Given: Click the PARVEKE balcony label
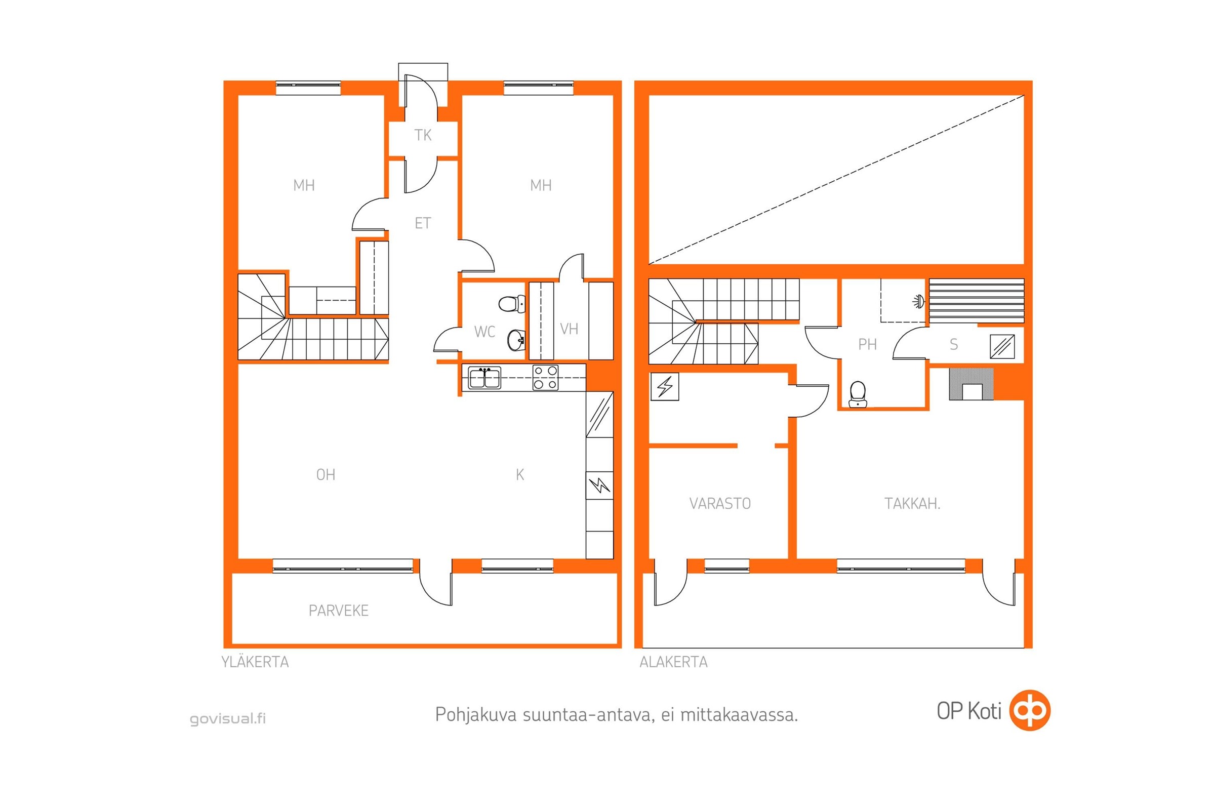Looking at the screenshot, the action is click(338, 611).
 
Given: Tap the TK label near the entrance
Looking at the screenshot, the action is click(423, 135).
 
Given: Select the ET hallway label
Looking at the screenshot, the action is click(423, 223).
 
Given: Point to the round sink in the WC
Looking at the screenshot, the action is click(516, 340).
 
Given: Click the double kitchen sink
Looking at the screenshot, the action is click(484, 378).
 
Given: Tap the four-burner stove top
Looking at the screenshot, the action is click(546, 378).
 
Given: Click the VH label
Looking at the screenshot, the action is click(569, 329).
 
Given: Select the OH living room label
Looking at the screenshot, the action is click(326, 475).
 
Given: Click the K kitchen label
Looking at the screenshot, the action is click(520, 475).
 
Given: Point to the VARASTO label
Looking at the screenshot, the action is click(719, 504).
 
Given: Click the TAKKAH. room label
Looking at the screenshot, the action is click(912, 504).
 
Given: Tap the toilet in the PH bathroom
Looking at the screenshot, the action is click(858, 394).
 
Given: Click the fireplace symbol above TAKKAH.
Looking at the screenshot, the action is click(971, 384).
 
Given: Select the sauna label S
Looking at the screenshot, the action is click(954, 345).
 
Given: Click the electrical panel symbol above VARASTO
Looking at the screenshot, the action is click(665, 386).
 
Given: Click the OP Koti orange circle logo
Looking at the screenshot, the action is click(1030, 710).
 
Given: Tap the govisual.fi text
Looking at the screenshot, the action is click(228, 718).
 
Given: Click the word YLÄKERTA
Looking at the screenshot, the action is click(255, 662).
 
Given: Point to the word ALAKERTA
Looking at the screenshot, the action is click(674, 662).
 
